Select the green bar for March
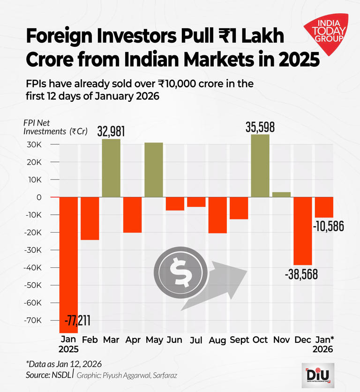(x=111, y=168)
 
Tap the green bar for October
(x=260, y=166)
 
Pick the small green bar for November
(x=281, y=195)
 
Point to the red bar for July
(x=196, y=202)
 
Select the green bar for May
(x=154, y=170)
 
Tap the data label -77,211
(x=77, y=321)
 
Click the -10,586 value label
(x=328, y=226)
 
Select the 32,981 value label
(x=111, y=132)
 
